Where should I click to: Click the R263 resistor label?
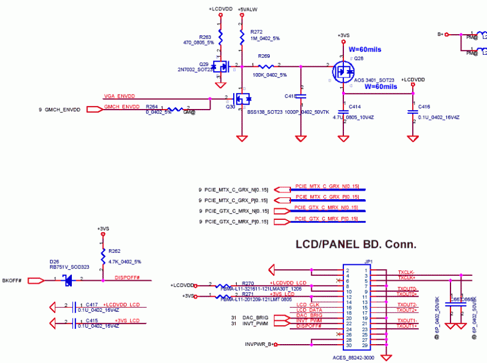[205, 37]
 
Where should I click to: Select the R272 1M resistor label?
[256, 32]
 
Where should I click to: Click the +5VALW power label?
[246, 9]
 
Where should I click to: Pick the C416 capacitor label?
[424, 107]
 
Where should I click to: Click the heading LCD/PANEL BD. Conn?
[356, 245]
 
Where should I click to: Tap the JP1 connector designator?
[368, 263]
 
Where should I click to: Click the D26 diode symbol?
[68, 280]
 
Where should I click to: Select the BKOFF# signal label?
[12, 280]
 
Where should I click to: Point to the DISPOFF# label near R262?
[127, 278]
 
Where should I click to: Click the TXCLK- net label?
[406, 272]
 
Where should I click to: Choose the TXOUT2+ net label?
[407, 310]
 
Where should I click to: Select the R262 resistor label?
[114, 250]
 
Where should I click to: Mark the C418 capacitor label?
[290, 96]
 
